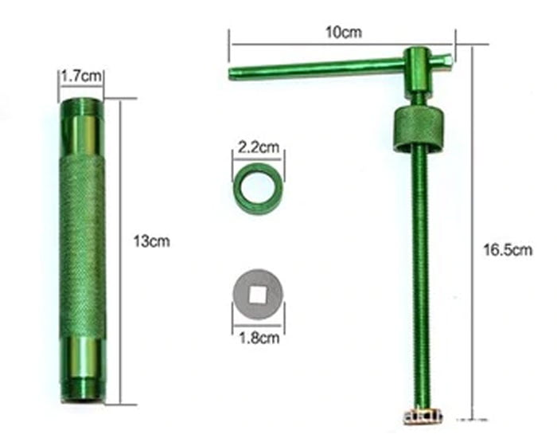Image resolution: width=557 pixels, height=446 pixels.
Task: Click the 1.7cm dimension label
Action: pyautogui.click(x=80, y=77)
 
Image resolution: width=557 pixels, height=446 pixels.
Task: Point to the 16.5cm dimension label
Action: pyautogui.click(x=507, y=250)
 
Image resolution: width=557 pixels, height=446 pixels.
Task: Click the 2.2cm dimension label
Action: pyautogui.click(x=259, y=147)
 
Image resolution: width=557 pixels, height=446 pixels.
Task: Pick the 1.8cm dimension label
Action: pyautogui.click(x=259, y=337)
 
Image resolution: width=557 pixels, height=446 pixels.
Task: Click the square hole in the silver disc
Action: pyautogui.click(x=258, y=295)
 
